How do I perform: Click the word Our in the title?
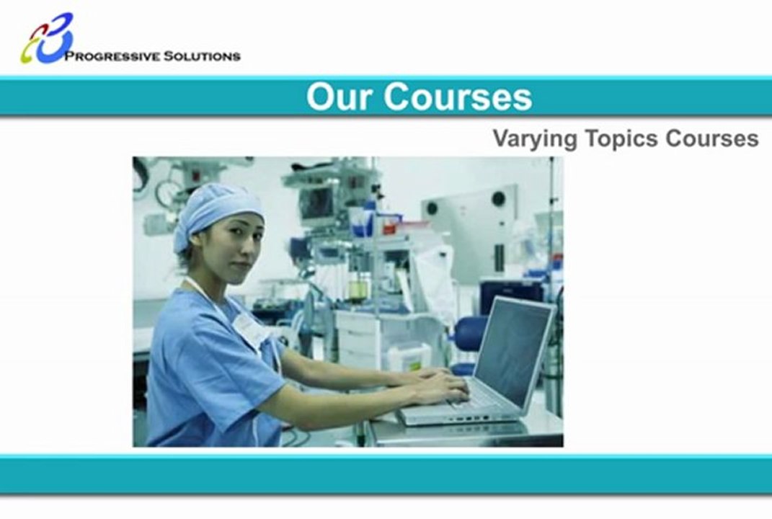tap(339, 97)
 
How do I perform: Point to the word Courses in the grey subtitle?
tap(712, 138)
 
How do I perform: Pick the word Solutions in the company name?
tap(202, 56)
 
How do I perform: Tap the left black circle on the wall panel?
tap(432, 208)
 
